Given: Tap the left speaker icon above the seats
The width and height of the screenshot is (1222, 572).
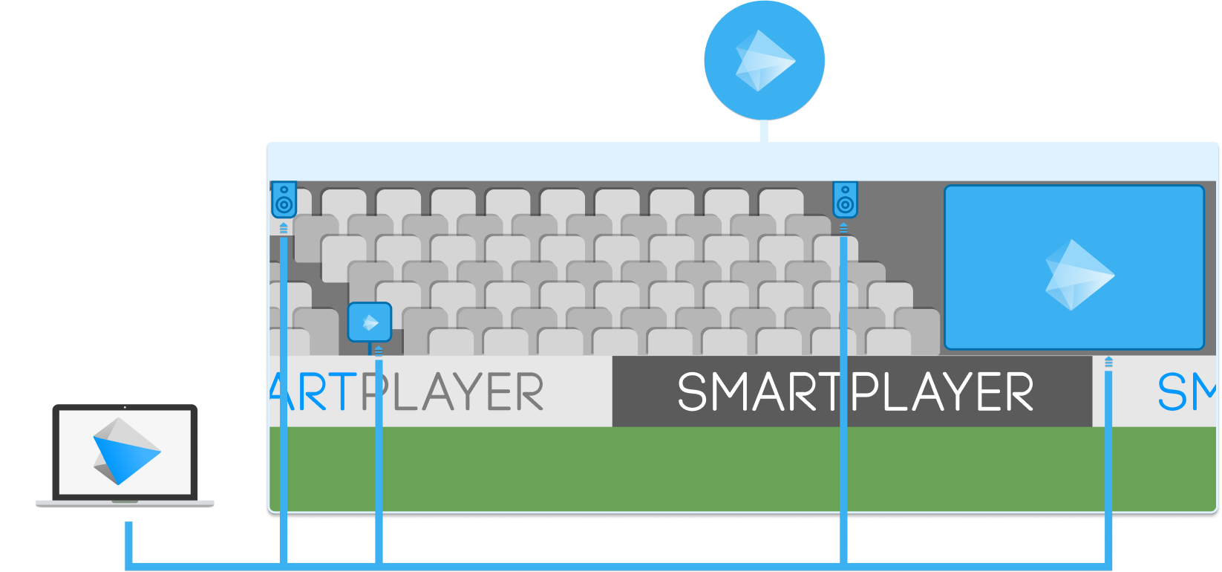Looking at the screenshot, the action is [x=284, y=200].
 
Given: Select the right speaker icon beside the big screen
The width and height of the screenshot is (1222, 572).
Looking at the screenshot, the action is [x=844, y=200].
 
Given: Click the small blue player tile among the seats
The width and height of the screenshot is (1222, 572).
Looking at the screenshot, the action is [x=370, y=322].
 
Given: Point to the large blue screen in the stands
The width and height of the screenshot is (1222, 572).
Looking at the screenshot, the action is [x=1074, y=267].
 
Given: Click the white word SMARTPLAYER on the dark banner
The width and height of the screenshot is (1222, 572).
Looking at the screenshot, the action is [x=855, y=391].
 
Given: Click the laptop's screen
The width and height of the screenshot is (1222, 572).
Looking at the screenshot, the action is [x=125, y=451].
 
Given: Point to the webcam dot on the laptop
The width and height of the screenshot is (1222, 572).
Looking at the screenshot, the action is [x=125, y=407].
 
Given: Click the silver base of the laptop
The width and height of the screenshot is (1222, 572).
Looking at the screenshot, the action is [x=125, y=503].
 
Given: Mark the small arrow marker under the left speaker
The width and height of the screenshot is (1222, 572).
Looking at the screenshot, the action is [x=284, y=228].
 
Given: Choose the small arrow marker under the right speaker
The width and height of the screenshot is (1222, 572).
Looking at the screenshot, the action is [x=843, y=227].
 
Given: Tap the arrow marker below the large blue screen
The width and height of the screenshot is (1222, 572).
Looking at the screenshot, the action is [x=1108, y=363].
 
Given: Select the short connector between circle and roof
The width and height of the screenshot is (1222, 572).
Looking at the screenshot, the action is [x=764, y=131].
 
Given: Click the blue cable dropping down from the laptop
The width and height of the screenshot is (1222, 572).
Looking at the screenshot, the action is [x=128, y=539].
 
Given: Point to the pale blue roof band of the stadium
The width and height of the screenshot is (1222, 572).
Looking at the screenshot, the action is [x=742, y=161].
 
